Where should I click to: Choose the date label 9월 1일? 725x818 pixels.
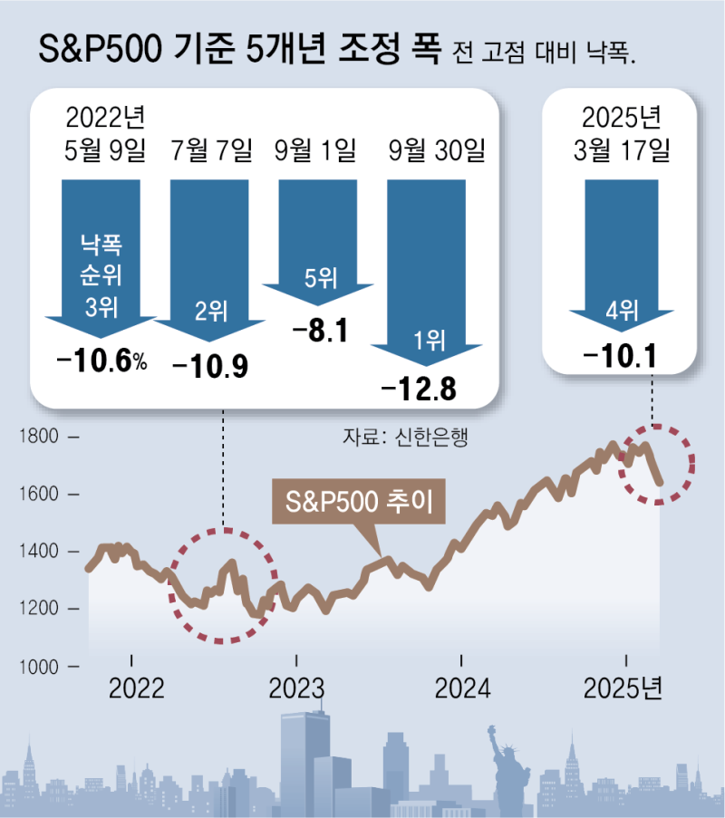click(316, 150)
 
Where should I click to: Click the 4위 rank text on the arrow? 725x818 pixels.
click(621, 311)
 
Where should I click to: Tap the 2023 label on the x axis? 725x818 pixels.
click(296, 689)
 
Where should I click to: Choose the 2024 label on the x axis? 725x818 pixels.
click(462, 689)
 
